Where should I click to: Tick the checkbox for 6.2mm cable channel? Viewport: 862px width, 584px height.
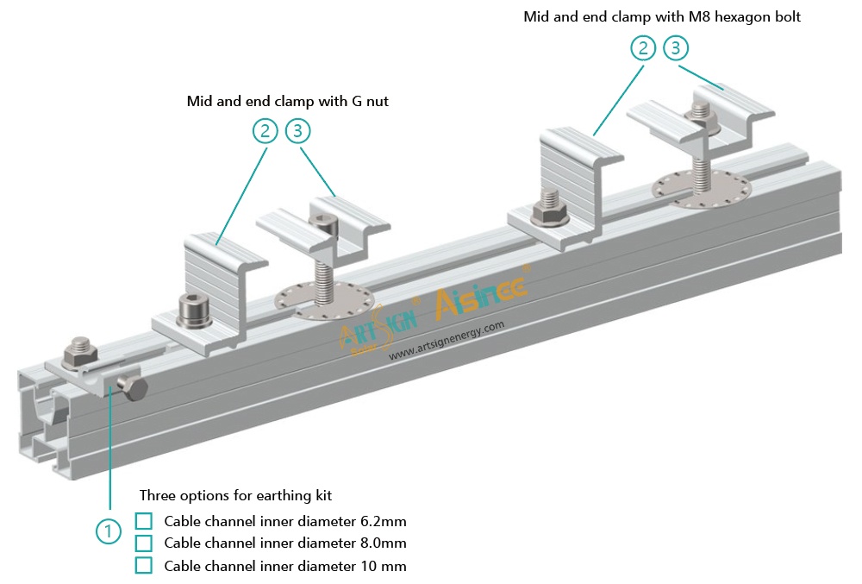144,521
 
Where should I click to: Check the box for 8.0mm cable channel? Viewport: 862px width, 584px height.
144,543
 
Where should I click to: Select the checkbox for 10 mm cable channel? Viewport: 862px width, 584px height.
144,566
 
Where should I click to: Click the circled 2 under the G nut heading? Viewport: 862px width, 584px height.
265,131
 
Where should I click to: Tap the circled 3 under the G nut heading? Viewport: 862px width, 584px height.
297,131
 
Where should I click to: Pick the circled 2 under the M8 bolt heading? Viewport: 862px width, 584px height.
643,47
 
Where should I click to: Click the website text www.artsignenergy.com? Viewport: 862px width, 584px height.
446,341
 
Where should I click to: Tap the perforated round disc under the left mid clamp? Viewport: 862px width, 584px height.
325,299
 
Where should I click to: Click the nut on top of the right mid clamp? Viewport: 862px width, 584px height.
701,116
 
